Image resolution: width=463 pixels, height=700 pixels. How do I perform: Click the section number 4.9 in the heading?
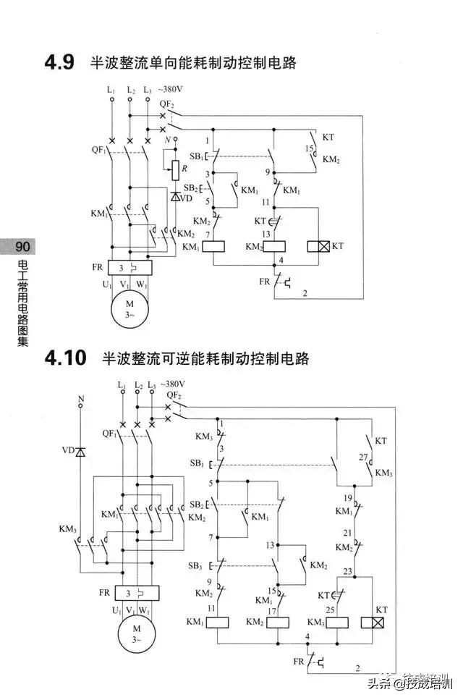(x=60, y=62)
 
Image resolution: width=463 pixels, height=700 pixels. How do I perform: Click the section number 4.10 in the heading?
(x=65, y=358)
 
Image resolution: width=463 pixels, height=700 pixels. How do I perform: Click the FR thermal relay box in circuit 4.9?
(x=129, y=267)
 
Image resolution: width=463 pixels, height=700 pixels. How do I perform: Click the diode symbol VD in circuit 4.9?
(x=176, y=197)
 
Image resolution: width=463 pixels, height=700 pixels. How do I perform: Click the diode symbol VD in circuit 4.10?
(x=80, y=452)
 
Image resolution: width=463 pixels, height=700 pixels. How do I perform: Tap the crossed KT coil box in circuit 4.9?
(x=318, y=247)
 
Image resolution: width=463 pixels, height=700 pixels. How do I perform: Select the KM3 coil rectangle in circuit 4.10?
(x=338, y=622)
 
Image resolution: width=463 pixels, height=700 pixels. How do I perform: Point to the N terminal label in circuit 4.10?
(x=80, y=399)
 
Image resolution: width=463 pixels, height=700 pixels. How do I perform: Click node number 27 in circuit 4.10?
(x=364, y=457)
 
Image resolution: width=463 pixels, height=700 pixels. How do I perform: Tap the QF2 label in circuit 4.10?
(x=173, y=395)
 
